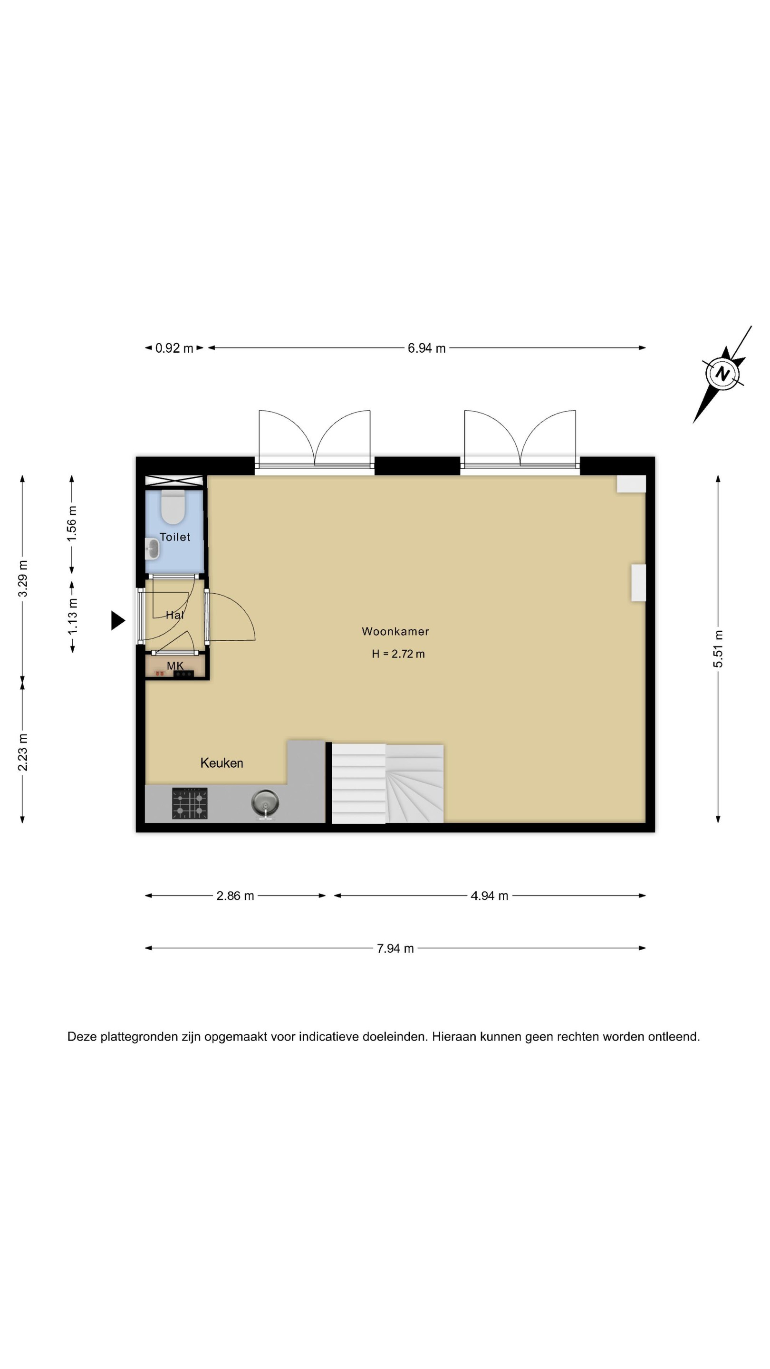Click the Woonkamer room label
[x=395, y=631]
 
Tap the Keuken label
[x=221, y=763]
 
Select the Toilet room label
[x=175, y=537]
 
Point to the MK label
[x=175, y=665]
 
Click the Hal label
[x=175, y=615]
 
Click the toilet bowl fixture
[x=173, y=508]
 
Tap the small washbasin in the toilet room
[x=153, y=549]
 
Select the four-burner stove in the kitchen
[x=190, y=803]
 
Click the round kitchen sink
[x=265, y=803]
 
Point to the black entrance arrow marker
[x=117, y=620]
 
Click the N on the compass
[x=722, y=373]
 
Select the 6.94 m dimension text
[x=426, y=348]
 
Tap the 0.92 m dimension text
[x=174, y=348]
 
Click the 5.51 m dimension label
[x=718, y=649]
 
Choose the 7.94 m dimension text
[x=395, y=949]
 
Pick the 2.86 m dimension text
[x=235, y=896]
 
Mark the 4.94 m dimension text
[x=490, y=896]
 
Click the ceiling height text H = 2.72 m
[x=398, y=654]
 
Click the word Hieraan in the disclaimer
[x=454, y=1037]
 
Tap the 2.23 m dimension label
[x=22, y=752]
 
